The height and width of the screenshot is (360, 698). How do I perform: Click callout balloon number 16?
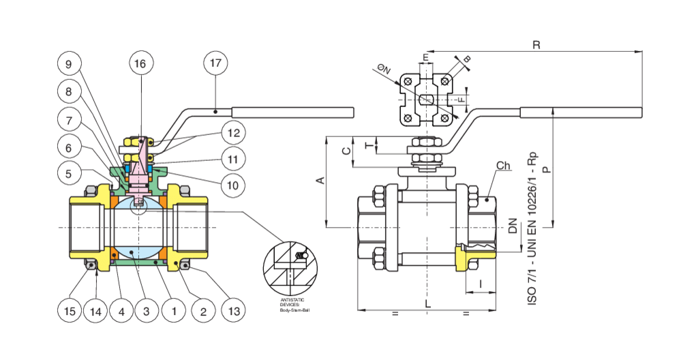140,64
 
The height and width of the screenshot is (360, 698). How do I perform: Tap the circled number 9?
68,64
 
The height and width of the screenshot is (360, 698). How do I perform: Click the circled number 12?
233,132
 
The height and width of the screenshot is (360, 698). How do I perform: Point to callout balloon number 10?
233,185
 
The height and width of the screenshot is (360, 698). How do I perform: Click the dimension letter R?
536,45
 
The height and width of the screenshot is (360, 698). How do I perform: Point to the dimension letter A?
320,181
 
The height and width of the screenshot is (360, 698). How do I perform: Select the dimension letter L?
428,303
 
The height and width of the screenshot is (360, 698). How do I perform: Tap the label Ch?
503,166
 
